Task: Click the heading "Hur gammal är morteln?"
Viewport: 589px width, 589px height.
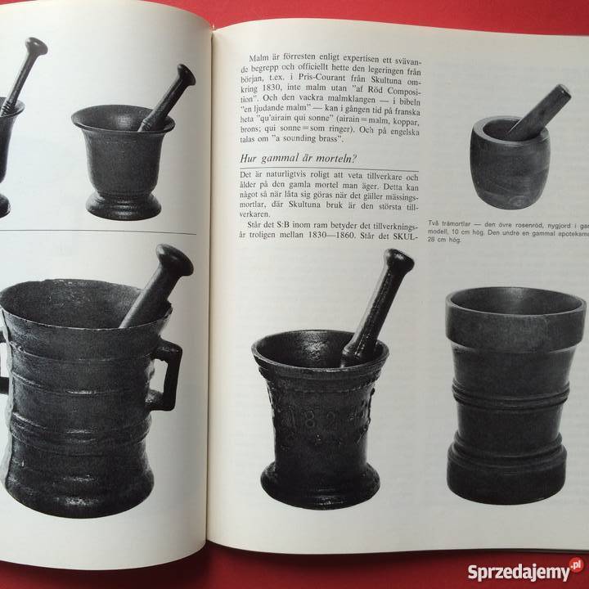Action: (x=298, y=158)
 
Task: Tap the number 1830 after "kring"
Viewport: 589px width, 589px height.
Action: (x=272, y=89)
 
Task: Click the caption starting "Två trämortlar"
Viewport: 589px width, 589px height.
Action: (x=508, y=232)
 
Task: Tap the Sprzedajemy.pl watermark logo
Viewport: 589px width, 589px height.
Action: (x=525, y=571)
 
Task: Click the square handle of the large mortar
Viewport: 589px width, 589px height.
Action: (x=165, y=375)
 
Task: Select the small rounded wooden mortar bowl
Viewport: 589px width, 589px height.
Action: (x=510, y=164)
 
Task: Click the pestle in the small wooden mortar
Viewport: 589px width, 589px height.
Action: (x=539, y=112)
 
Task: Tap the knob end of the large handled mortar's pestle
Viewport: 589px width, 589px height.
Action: (x=175, y=260)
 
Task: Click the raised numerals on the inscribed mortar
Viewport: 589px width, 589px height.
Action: (x=325, y=421)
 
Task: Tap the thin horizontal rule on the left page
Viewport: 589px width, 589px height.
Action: (x=97, y=231)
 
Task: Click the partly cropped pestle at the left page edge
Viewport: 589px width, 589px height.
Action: (x=24, y=75)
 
